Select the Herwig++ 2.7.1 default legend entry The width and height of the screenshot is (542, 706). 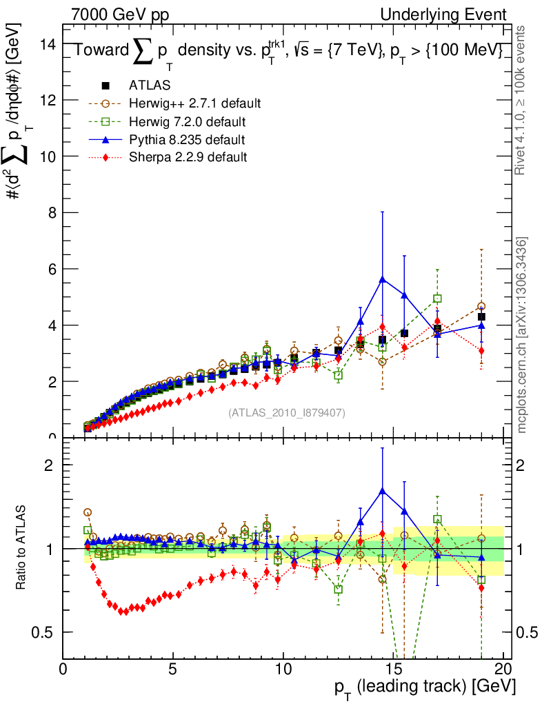(x=194, y=103)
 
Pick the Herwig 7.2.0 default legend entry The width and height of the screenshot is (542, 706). (x=187, y=121)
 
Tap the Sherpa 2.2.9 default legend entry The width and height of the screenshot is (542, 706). (x=188, y=157)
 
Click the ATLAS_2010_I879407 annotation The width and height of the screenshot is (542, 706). (x=286, y=412)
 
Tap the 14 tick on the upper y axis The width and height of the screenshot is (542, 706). (x=48, y=44)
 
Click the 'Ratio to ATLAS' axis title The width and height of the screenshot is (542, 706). (x=22, y=547)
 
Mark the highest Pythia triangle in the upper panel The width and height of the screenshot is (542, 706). (x=382, y=279)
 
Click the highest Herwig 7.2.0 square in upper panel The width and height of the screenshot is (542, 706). (x=437, y=299)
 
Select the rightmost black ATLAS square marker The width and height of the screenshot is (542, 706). (x=481, y=316)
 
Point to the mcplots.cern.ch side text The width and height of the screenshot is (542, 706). (x=523, y=335)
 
